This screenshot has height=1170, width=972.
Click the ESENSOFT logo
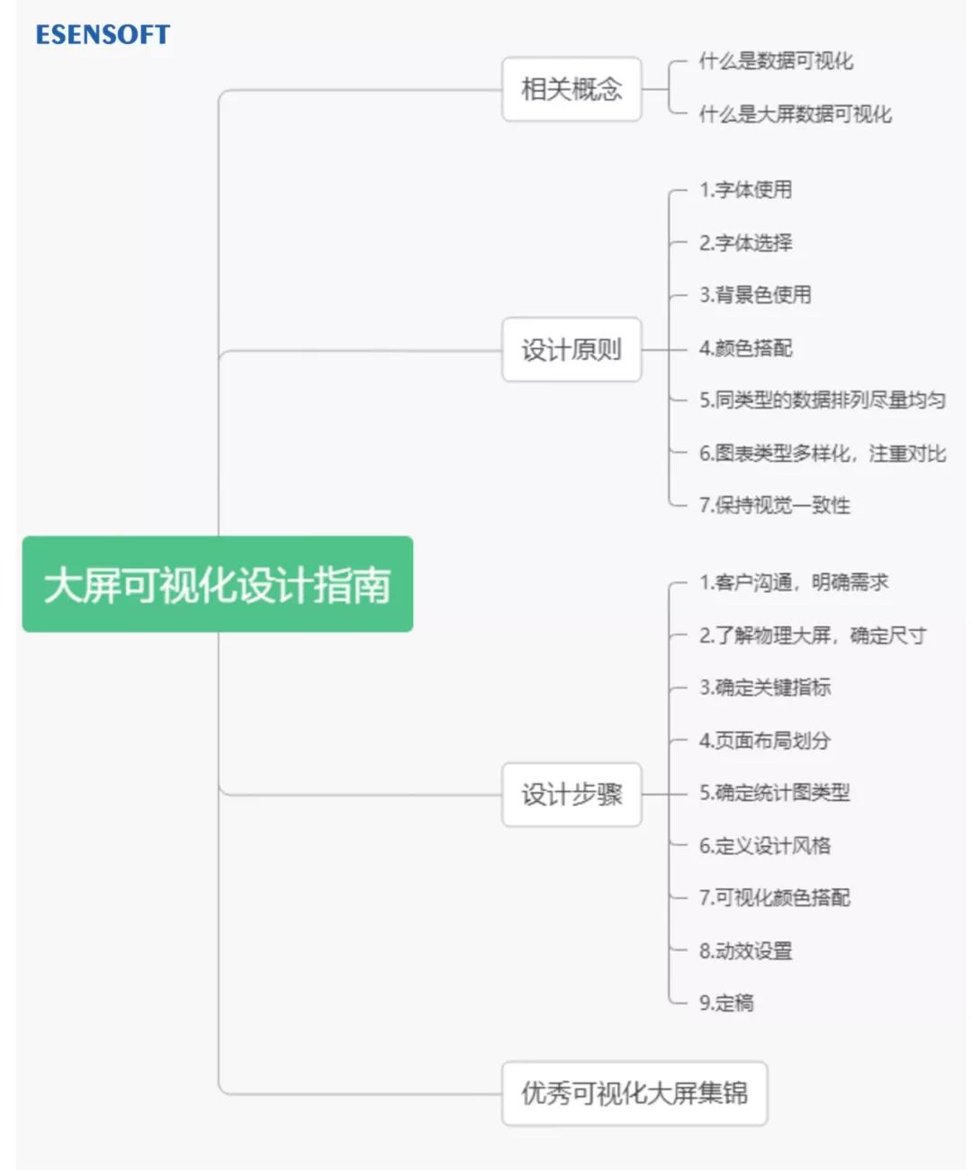point(103,34)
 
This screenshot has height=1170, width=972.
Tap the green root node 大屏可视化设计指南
point(217,584)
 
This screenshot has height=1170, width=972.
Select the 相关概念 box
point(571,89)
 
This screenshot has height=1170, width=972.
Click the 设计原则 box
point(571,349)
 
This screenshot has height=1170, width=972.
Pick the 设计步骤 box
point(571,794)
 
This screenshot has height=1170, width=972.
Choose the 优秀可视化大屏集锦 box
point(634,1093)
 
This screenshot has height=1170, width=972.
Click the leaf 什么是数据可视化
point(776,61)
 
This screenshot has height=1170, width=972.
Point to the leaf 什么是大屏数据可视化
point(795,114)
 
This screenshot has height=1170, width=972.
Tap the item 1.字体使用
point(745,190)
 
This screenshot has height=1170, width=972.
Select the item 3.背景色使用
point(755,295)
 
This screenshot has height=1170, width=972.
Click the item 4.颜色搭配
point(745,348)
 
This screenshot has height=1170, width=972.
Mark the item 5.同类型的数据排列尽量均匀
point(822,400)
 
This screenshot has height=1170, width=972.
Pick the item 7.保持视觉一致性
point(774,505)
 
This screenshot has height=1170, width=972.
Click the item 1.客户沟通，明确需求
point(793,582)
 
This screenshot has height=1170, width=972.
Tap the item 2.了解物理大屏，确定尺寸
point(812,635)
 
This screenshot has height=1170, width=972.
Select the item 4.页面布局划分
point(764,741)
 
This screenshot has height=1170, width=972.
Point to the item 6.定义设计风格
point(764,845)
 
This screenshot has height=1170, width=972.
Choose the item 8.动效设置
point(745,950)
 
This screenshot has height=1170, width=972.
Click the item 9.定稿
point(726,1003)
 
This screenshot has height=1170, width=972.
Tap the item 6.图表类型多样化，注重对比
point(822,453)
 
